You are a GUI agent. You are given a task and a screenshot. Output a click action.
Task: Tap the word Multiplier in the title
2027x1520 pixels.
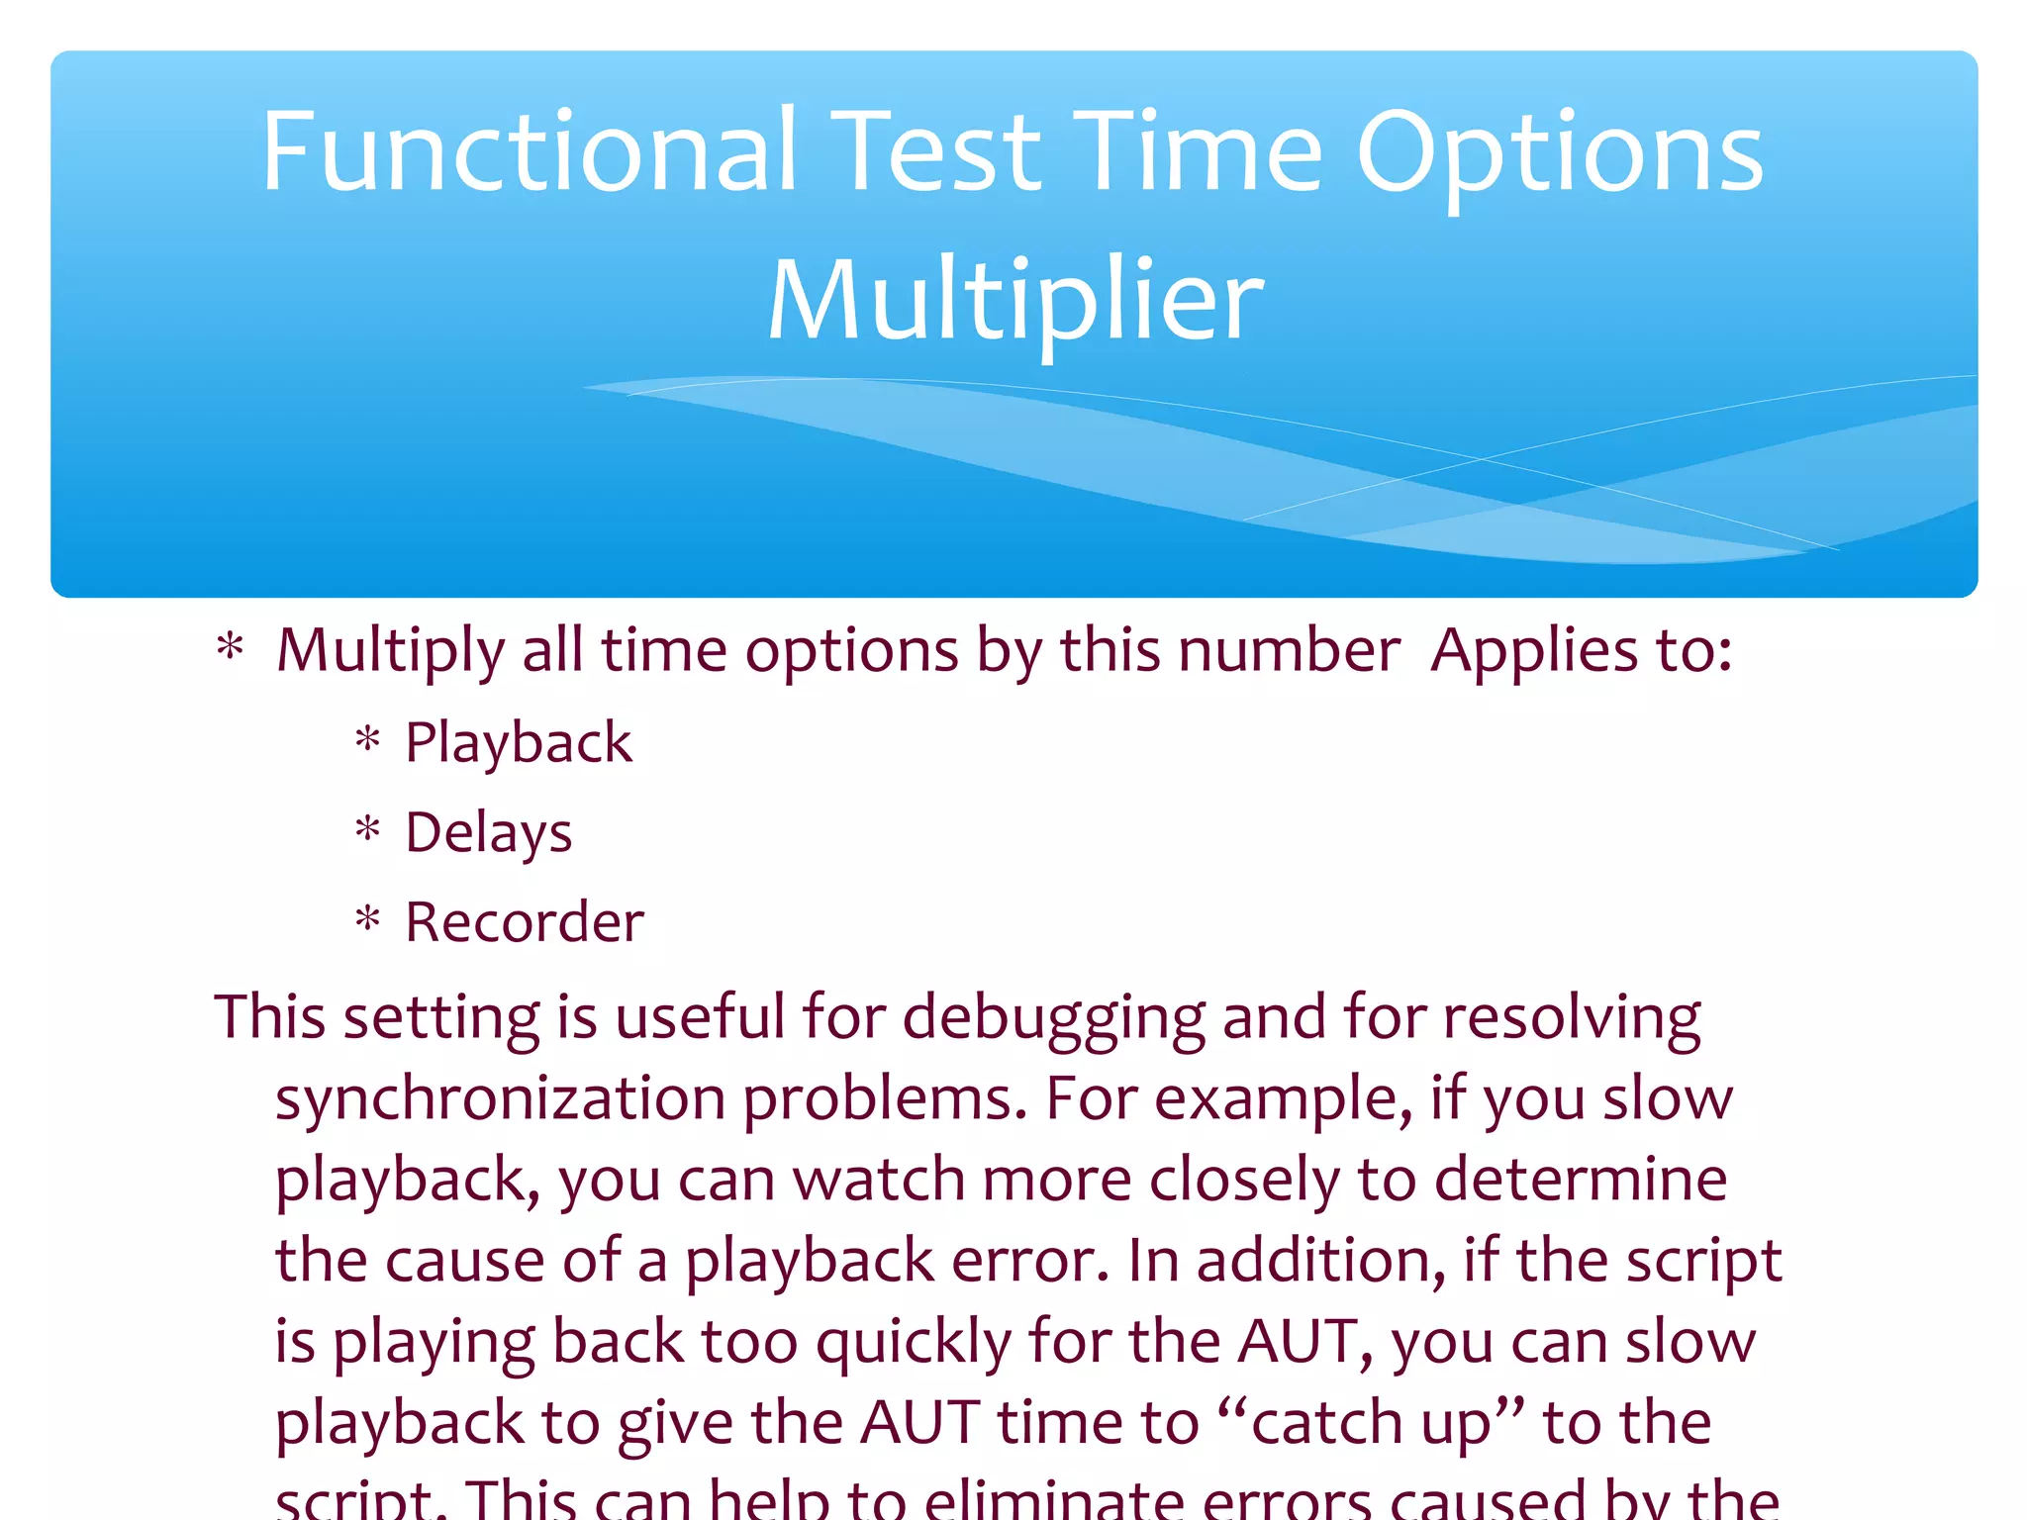click(x=1015, y=300)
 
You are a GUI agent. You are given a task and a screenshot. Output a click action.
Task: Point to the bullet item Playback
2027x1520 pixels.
click(x=518, y=743)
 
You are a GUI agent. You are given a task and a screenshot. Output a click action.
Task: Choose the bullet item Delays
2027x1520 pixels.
click(x=488, y=833)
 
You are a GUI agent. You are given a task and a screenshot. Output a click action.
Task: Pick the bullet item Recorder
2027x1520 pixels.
click(x=525, y=922)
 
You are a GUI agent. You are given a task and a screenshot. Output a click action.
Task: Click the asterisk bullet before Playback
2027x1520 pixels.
click(x=368, y=739)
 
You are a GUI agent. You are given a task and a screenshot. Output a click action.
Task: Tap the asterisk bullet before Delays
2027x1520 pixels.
click(x=368, y=829)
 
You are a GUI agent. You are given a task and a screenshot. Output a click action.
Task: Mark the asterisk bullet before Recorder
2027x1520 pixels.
click(x=368, y=919)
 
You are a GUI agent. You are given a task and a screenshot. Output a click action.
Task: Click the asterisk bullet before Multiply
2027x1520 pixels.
click(x=230, y=647)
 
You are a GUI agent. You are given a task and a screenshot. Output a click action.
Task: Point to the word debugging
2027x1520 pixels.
click(x=1055, y=1019)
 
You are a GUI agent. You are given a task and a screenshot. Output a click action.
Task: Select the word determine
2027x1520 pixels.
click(x=1581, y=1180)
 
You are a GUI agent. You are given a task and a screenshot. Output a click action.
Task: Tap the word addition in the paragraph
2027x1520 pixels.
click(x=1320, y=1261)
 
